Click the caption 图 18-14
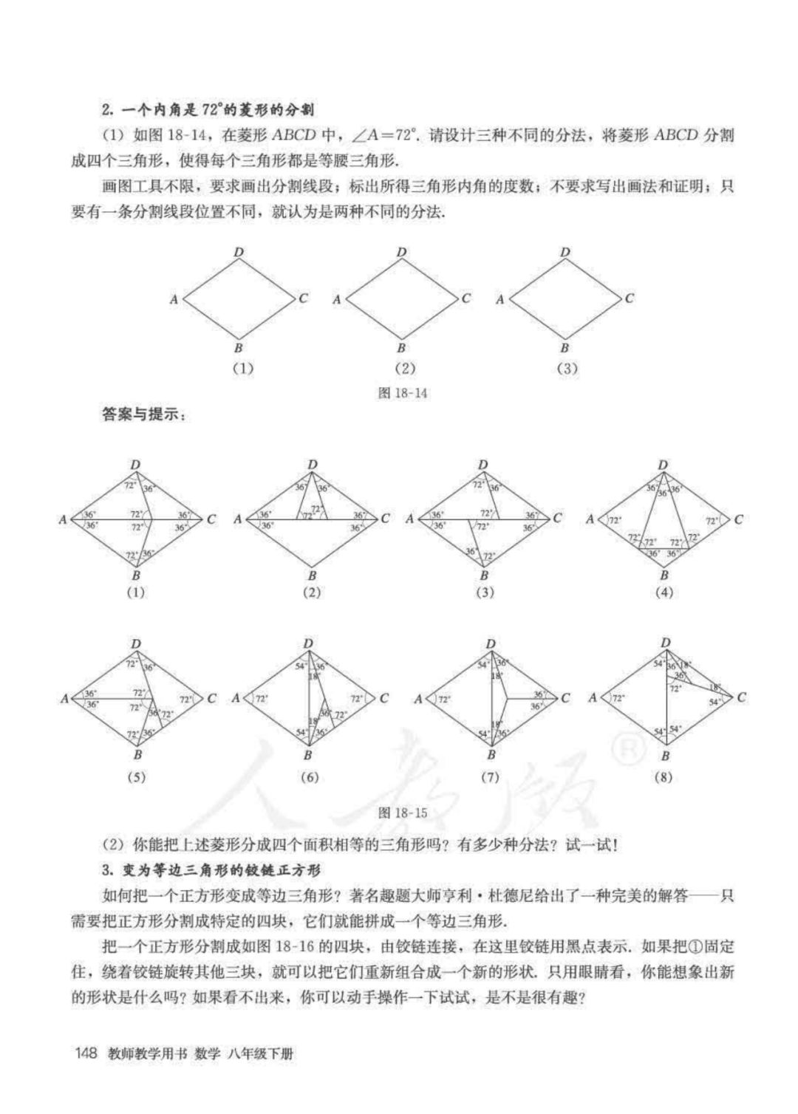click(402, 393)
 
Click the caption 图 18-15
click(402, 813)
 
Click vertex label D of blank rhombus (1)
click(239, 253)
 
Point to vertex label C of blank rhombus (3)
click(629, 298)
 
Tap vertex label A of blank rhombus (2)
click(336, 299)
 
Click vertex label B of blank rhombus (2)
click(401, 348)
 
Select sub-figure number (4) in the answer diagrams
click(664, 592)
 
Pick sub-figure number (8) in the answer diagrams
click(664, 777)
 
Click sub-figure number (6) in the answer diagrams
click(310, 777)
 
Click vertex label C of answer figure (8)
click(741, 697)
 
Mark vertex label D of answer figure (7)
click(491, 644)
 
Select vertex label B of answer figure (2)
click(312, 575)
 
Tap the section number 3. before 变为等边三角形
click(106, 867)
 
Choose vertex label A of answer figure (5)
click(64, 698)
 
